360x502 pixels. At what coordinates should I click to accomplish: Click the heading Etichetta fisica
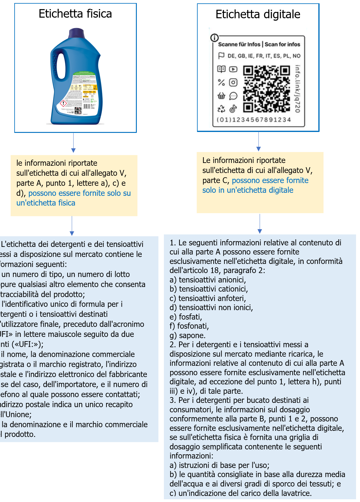(75, 14)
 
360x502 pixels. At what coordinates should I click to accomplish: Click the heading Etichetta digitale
(258, 15)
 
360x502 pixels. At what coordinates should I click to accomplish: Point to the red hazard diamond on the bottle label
(63, 103)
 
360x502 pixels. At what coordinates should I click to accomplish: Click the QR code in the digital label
(266, 89)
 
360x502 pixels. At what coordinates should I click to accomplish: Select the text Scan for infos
(282, 44)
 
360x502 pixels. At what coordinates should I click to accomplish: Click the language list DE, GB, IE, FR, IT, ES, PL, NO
(264, 56)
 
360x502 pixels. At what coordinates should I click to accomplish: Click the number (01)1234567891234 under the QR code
(254, 120)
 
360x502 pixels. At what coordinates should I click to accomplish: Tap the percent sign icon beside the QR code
(221, 82)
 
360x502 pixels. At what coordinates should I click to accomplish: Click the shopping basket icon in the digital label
(221, 96)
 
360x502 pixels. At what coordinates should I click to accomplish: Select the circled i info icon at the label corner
(214, 38)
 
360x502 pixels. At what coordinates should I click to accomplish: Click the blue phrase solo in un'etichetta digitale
(248, 190)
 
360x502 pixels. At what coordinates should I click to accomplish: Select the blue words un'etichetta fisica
(46, 203)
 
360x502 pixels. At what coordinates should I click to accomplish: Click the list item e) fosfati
(186, 317)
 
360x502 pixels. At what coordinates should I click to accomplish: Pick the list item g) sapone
(188, 335)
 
